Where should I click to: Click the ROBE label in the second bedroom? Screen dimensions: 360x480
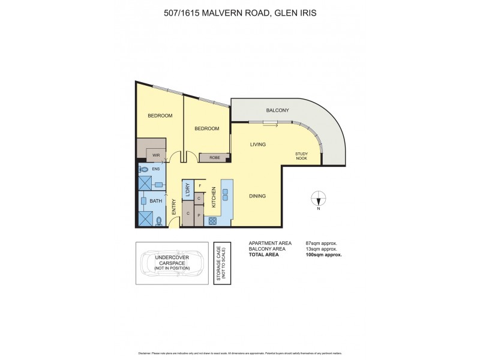tap(214, 158)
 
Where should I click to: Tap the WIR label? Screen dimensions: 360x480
tap(156, 155)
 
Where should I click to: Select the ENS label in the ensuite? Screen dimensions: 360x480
tap(156, 169)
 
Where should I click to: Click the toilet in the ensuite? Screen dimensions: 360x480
tap(143, 170)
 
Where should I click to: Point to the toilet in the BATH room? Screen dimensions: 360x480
tap(158, 221)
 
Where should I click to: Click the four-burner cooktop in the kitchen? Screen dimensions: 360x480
tap(212, 221)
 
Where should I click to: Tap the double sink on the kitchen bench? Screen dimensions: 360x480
tap(226, 193)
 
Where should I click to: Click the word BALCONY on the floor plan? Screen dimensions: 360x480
tap(278, 110)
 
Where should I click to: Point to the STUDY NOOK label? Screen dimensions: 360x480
tap(302, 156)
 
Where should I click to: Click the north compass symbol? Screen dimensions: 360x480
tap(320, 199)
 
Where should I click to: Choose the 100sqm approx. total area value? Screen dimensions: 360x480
tap(324, 254)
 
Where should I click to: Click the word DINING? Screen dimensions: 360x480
tap(257, 196)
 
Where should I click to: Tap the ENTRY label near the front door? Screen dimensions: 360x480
tap(174, 208)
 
